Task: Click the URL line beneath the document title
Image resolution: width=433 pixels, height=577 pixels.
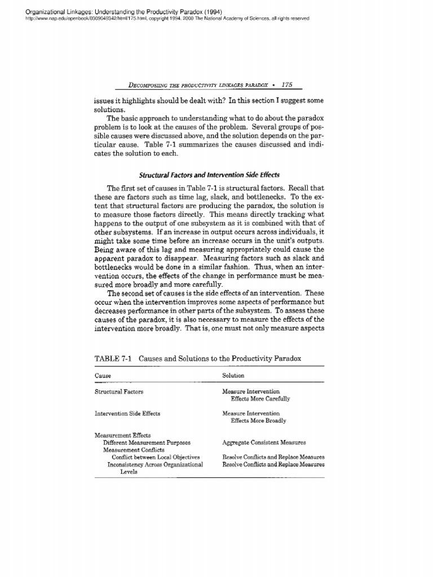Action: pyautogui.click(x=156, y=18)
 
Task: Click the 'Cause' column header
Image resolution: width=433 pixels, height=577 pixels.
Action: pyautogui.click(x=103, y=375)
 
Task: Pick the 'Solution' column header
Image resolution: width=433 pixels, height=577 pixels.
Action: pyautogui.click(x=233, y=375)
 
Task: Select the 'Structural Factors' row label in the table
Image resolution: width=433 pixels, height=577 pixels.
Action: pyautogui.click(x=118, y=391)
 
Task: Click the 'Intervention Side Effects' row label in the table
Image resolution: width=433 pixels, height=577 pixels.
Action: pyautogui.click(x=127, y=413)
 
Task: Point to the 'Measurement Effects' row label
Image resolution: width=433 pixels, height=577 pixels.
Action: pyautogui.click(x=118, y=436)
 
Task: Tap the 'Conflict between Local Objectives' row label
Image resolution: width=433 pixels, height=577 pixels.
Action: pyautogui.click(x=156, y=458)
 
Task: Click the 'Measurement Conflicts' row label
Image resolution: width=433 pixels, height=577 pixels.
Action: pyautogui.click(x=133, y=450)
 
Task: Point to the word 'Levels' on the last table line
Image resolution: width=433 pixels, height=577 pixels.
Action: pyautogui.click(x=130, y=472)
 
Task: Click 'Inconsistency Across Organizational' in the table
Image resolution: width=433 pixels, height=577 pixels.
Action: pyautogui.click(x=155, y=465)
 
